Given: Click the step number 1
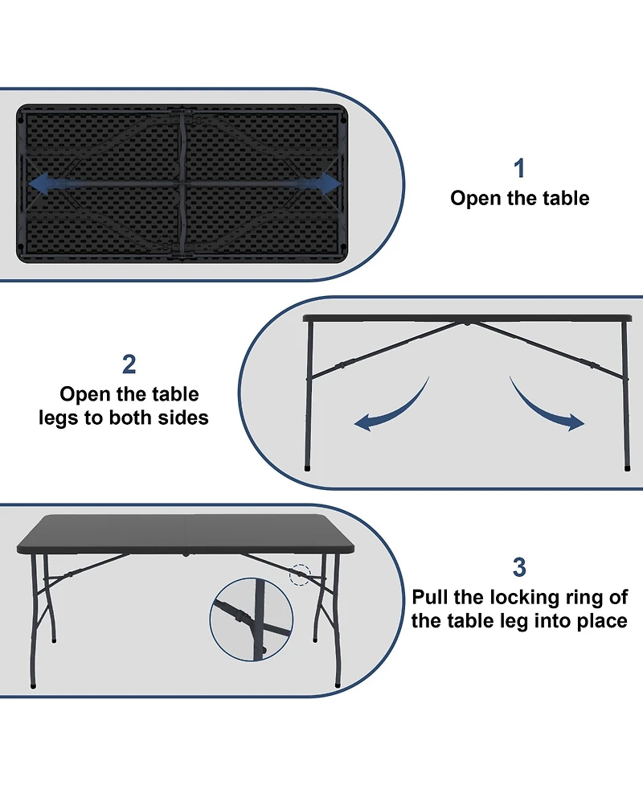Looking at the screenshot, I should pyautogui.click(x=519, y=168).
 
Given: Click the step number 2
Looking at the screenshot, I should pyautogui.click(x=129, y=364).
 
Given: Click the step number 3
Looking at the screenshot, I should pyautogui.click(x=519, y=567).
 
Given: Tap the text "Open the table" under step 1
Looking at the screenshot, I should pyautogui.click(x=519, y=199).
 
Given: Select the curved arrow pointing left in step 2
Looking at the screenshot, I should pyautogui.click(x=390, y=407).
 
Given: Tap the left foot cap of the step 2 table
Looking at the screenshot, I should pyautogui.click(x=309, y=466).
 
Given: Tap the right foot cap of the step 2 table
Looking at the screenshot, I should pyautogui.click(x=627, y=466).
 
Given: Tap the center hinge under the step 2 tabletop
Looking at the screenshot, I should pyautogui.click(x=467, y=323).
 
